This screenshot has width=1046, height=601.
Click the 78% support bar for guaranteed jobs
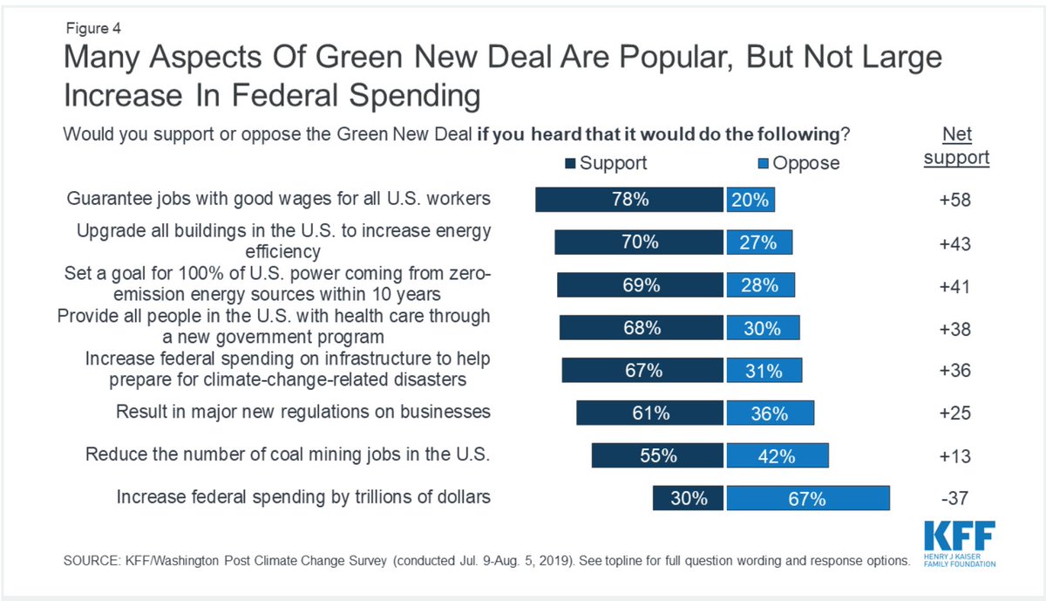point(629,200)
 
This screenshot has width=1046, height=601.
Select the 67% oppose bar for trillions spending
point(807,498)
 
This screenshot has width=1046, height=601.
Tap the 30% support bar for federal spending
point(688,498)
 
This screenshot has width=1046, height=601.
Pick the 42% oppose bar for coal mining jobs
point(777,456)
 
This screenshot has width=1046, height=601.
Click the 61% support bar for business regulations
point(649,413)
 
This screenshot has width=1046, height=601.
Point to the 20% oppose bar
point(751,200)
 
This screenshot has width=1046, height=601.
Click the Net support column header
point(956,146)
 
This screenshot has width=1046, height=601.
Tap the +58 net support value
point(955,201)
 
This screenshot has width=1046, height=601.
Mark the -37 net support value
point(955,499)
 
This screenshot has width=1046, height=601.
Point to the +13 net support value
point(955,457)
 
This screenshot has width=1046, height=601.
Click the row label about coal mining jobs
point(288,454)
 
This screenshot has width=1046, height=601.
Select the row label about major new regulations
point(303,411)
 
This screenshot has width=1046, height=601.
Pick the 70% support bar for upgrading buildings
point(639,242)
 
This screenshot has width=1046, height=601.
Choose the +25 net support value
point(955,414)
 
